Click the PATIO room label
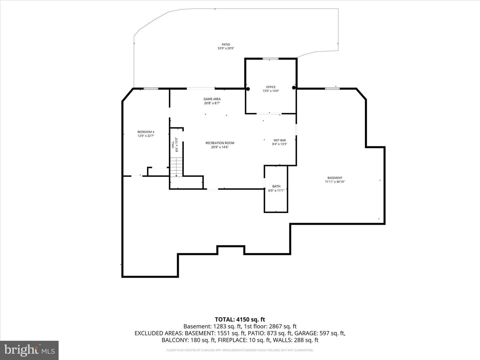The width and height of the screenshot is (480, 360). [x=226, y=45]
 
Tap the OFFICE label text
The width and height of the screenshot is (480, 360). [x=271, y=87]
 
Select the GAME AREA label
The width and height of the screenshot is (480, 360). [x=212, y=99]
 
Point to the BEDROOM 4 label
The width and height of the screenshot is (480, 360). [x=146, y=132]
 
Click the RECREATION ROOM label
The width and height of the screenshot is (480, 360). [x=220, y=143]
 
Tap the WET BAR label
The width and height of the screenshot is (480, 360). [x=279, y=140]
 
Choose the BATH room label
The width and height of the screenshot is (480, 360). [x=276, y=186]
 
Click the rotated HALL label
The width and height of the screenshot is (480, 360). [x=173, y=144]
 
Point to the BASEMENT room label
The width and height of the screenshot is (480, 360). [x=335, y=178]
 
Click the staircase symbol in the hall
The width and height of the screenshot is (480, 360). [x=176, y=167]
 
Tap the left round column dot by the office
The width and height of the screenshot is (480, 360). [x=248, y=89]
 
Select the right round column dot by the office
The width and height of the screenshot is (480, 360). [x=294, y=88]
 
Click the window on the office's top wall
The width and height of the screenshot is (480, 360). [x=271, y=59]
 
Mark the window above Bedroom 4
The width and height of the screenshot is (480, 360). [x=151, y=89]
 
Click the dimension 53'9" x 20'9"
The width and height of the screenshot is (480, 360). [x=226, y=48]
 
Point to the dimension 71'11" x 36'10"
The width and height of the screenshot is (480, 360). [x=335, y=182]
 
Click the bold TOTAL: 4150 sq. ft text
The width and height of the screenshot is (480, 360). [x=240, y=320]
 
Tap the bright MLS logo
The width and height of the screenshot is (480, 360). [x=29, y=350]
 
